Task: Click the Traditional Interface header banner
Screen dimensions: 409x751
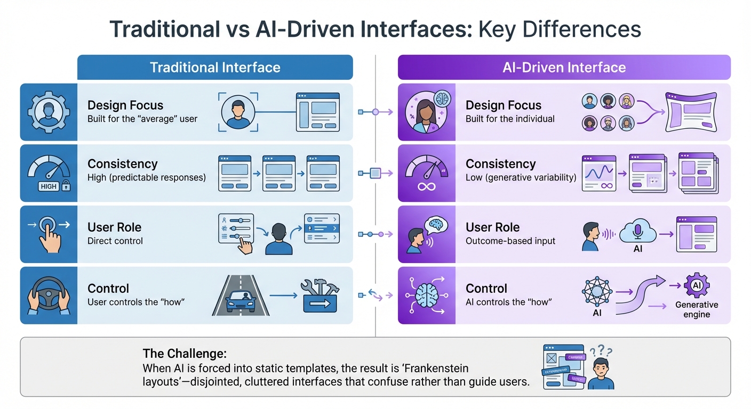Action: pyautogui.click(x=215, y=68)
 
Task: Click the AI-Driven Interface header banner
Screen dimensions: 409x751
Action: pyautogui.click(x=564, y=68)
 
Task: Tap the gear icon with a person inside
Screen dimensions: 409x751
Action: pyautogui.click(x=49, y=112)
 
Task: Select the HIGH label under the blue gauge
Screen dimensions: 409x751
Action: pyautogui.click(x=49, y=186)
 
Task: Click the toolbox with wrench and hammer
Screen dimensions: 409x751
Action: pyautogui.click(x=319, y=296)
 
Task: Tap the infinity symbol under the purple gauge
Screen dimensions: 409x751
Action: pyautogui.click(x=427, y=186)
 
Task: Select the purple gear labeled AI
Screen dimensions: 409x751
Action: pyautogui.click(x=697, y=287)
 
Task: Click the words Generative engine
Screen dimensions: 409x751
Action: pyautogui.click(x=697, y=309)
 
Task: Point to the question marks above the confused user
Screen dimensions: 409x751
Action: pyautogui.click(x=600, y=350)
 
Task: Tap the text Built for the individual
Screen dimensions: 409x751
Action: pyautogui.click(x=510, y=119)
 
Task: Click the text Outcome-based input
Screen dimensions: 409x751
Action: pyautogui.click(x=510, y=241)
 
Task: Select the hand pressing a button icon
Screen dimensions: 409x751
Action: pyautogui.click(x=49, y=234)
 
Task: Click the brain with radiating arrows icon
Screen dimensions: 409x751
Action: pyautogui.click(x=427, y=295)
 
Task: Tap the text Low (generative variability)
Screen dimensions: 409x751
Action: pyautogui.click(x=521, y=177)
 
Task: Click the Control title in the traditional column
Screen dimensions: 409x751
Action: pyautogui.click(x=108, y=289)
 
